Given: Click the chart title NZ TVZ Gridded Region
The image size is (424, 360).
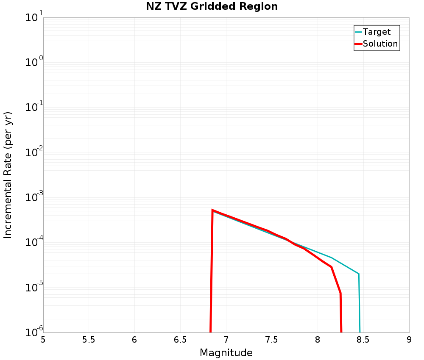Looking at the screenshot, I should click(x=212, y=7).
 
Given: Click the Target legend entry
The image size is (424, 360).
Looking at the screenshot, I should click(x=377, y=32).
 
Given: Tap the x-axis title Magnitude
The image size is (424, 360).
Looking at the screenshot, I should click(x=226, y=352).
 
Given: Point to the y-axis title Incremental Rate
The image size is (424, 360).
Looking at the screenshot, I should click(x=8, y=175).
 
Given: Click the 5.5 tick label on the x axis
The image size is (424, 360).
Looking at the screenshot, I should click(x=89, y=340).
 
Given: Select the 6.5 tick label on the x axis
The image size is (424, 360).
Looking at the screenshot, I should click(x=180, y=340).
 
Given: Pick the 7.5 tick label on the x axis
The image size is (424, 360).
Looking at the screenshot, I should click(x=271, y=340).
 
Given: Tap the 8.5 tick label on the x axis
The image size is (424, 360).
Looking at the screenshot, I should click(x=363, y=340).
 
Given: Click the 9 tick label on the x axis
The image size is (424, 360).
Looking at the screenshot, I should click(x=409, y=340).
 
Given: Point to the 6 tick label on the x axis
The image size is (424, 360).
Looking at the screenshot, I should click(x=134, y=340).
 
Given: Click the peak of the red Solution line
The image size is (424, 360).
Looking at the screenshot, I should click(x=212, y=210).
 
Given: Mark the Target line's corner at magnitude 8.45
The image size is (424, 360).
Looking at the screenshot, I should click(x=359, y=274).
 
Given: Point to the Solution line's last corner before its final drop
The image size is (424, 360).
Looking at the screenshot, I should click(x=340, y=293).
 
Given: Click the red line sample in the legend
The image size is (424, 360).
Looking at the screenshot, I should click(x=358, y=44).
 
